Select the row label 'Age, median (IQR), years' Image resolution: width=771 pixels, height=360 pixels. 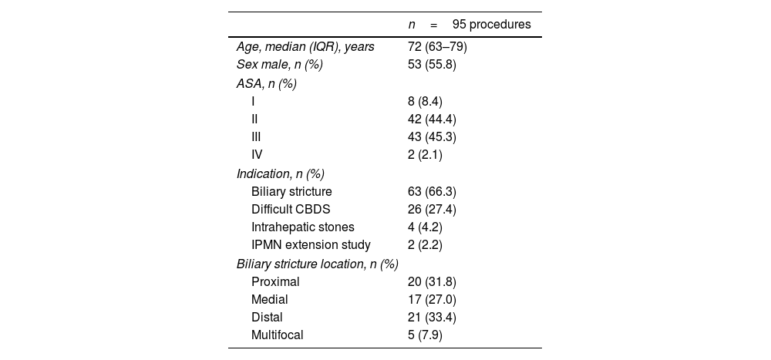pos(305,47)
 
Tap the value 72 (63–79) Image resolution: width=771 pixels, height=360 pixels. pos(437,47)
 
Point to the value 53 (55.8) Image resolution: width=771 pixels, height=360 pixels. pos(432,65)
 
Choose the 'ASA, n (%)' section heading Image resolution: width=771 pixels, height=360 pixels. pos(267,83)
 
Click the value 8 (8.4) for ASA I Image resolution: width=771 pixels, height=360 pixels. pos(425,101)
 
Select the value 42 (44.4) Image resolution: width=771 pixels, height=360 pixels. pos(432,119)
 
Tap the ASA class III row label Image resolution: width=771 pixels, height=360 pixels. pos(256,137)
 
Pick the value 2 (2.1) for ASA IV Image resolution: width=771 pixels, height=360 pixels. pos(425,155)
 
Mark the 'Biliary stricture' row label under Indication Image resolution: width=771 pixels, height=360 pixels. pos(291,191)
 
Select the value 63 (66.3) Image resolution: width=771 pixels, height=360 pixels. pos(432,191)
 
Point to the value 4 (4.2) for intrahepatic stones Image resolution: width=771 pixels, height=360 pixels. pos(425,227)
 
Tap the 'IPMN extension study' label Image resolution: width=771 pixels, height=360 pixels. pos(311,245)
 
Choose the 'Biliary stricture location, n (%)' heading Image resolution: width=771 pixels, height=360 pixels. pos(317,264)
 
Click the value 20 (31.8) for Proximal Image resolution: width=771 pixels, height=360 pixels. pos(432,281)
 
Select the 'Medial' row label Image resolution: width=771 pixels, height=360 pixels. pos(269,299)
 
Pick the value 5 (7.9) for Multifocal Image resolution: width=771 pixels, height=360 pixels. pos(425,335)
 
